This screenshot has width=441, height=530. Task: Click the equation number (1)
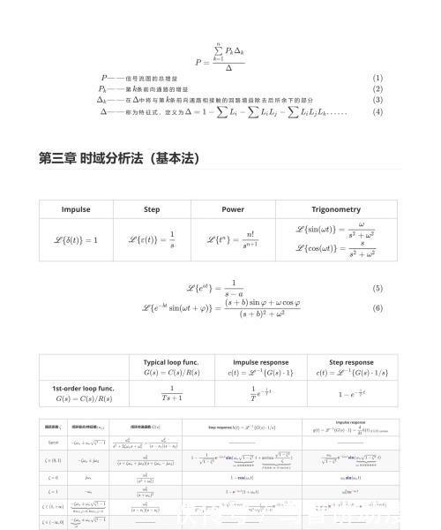pos(377,78)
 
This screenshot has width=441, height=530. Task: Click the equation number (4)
pos(377,112)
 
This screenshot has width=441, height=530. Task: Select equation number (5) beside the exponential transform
pos(377,289)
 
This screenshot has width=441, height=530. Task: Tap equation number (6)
pos(377,308)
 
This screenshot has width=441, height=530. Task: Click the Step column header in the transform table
pos(152,209)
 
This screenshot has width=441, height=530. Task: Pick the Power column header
pos(232,209)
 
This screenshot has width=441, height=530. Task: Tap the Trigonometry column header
pos(336,209)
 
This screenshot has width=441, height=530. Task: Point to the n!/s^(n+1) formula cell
pos(232,240)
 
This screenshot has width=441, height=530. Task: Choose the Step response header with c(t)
pos(351,367)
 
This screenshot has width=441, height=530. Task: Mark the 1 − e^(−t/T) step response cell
pos(351,394)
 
